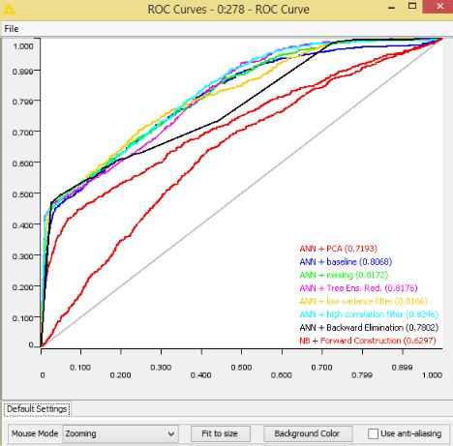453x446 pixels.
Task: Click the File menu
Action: coord(12,29)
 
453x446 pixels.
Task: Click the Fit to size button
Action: coord(220,433)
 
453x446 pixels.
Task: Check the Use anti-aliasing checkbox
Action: coord(375,433)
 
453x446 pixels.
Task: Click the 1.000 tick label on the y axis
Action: coord(24,45)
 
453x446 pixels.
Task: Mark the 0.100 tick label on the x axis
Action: coord(81,368)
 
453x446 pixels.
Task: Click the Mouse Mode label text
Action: coord(35,433)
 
